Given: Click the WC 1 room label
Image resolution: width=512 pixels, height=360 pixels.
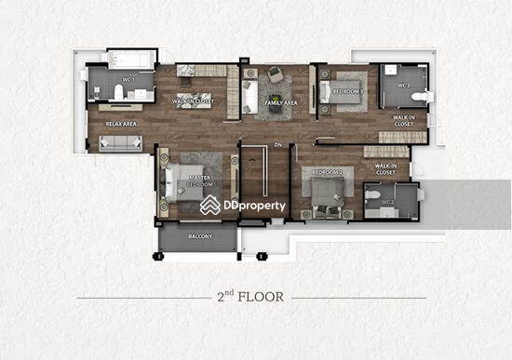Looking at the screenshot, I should (x=128, y=80).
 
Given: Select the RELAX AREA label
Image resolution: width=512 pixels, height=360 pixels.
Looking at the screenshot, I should (x=121, y=123).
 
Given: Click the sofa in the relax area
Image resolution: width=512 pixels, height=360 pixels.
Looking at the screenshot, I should (x=120, y=142).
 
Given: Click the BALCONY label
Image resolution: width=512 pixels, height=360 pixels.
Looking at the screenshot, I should (x=199, y=236).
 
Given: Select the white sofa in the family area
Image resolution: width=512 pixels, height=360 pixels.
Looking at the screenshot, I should (x=249, y=96).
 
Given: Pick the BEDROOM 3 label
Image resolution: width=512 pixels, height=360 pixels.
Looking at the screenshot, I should (x=349, y=91).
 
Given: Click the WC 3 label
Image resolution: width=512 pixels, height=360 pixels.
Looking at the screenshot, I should (x=404, y=86).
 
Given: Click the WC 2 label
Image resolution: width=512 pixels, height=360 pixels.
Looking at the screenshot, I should (x=386, y=202).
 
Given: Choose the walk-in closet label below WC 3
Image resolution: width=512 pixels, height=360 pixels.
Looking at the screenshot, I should (x=404, y=120).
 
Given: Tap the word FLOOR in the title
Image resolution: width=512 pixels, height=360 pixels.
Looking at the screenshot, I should (x=270, y=299).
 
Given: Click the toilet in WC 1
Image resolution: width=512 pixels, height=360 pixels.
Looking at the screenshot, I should (x=97, y=90).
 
